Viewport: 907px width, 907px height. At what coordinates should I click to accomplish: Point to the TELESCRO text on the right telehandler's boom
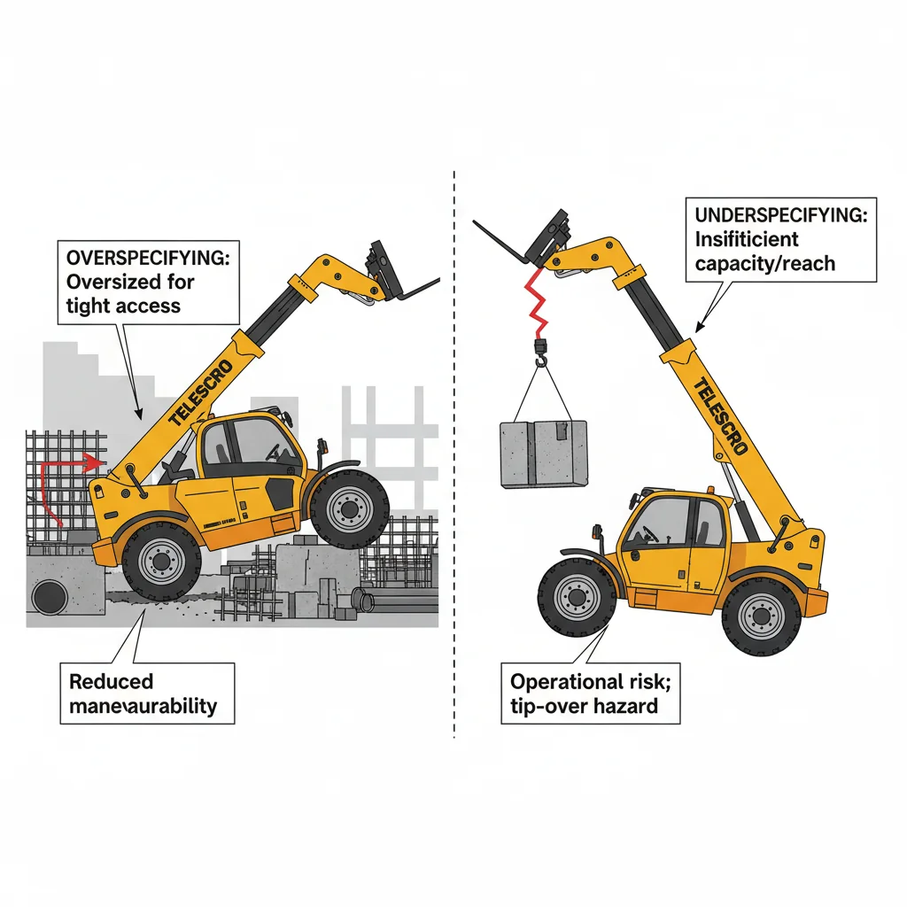click(717, 416)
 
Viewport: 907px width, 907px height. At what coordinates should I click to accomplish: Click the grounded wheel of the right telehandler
click(761, 615)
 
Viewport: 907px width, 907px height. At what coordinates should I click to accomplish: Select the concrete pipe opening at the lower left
click(47, 599)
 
